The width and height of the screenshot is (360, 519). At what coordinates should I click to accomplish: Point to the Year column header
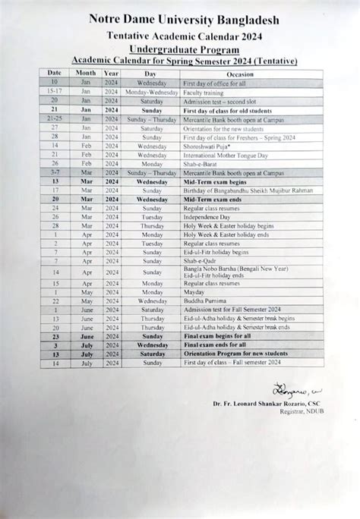coord(111,73)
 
